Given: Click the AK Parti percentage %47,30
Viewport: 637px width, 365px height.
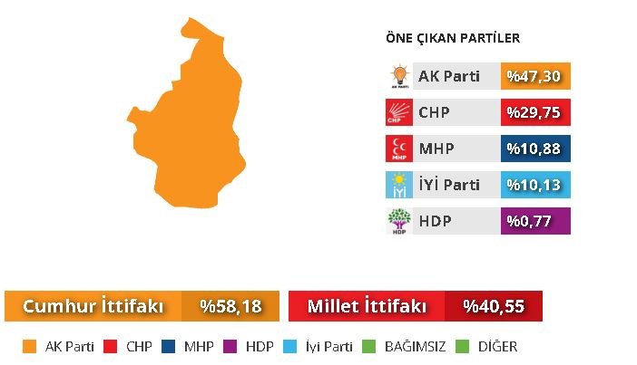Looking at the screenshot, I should pyautogui.click(x=535, y=76).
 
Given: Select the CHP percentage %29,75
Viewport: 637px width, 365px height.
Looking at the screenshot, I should pyautogui.click(x=535, y=112).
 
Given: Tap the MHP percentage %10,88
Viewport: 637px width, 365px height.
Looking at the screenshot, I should pyautogui.click(x=535, y=149).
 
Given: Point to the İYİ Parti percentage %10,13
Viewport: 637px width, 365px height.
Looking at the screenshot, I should pyautogui.click(x=535, y=185).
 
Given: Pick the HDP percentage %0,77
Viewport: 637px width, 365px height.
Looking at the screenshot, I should pyautogui.click(x=535, y=221).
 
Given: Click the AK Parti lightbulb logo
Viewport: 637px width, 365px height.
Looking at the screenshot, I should pyautogui.click(x=399, y=76).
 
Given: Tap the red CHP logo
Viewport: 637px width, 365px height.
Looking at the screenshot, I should pyautogui.click(x=399, y=112).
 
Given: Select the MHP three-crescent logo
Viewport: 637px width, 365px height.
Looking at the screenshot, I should pyautogui.click(x=399, y=149).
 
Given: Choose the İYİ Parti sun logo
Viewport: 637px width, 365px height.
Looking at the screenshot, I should pyautogui.click(x=399, y=185).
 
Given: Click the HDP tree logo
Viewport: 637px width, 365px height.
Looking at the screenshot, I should pyautogui.click(x=399, y=221).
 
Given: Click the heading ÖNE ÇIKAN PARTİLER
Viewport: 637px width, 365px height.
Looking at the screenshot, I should pyautogui.click(x=453, y=38).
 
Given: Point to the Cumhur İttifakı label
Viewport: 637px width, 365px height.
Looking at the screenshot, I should pyautogui.click(x=93, y=306).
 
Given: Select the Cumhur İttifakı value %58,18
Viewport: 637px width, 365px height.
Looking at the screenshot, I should pyautogui.click(x=230, y=306).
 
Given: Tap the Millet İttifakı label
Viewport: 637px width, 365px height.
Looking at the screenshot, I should pyautogui.click(x=367, y=306).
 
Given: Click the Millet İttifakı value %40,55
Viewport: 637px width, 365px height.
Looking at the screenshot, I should pyautogui.click(x=494, y=306).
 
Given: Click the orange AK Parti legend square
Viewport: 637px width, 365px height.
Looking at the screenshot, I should pyautogui.click(x=29, y=346).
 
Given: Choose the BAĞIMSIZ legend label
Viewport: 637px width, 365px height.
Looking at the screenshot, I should pyautogui.click(x=415, y=346).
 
